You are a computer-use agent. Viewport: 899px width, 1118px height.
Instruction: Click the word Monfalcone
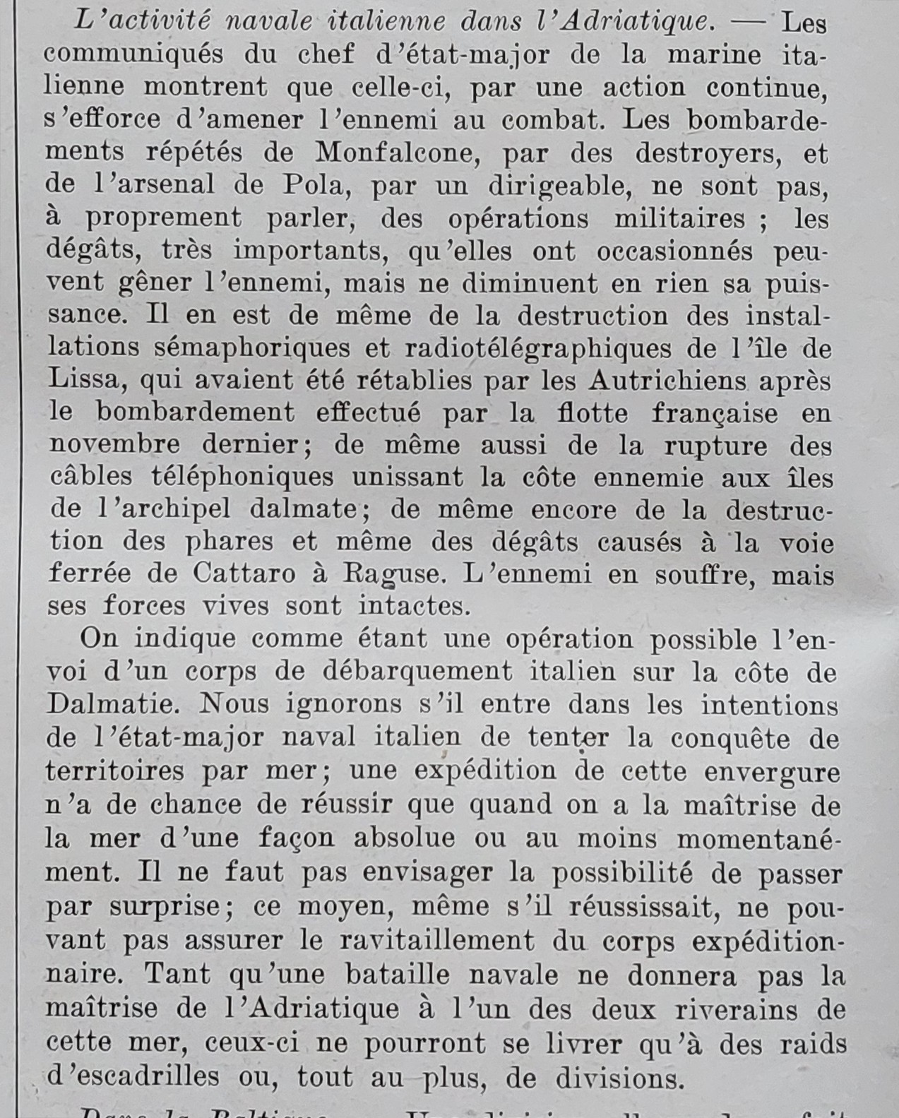tap(398, 152)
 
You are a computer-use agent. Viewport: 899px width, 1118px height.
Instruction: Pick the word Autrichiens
tap(669, 381)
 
